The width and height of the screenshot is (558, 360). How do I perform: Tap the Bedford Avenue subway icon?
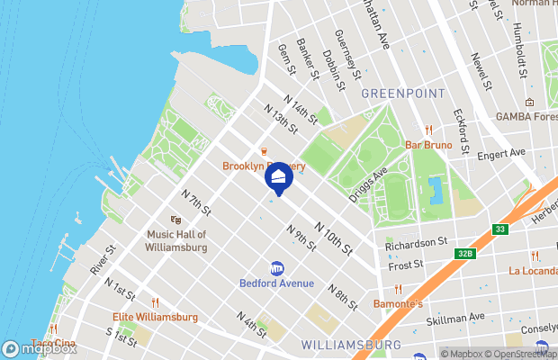click(277, 268)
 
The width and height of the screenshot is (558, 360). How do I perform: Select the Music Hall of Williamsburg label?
click(176, 240)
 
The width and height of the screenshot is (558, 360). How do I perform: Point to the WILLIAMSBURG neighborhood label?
click(350, 345)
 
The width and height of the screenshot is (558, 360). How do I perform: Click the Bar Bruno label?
click(428, 144)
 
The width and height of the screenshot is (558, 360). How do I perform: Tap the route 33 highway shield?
click(500, 229)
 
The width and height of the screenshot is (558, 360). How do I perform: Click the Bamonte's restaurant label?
click(399, 304)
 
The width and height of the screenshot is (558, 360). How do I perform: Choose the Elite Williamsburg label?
click(155, 317)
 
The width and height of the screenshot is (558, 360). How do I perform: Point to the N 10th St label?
click(332, 237)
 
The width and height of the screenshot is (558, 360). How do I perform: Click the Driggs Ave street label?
click(368, 183)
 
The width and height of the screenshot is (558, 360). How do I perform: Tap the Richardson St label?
click(416, 243)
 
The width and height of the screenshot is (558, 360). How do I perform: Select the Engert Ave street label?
click(500, 153)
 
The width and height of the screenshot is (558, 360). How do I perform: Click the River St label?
click(103, 260)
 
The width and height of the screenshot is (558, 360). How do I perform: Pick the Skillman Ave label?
click(455, 317)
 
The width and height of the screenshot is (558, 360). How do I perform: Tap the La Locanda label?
click(535, 270)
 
